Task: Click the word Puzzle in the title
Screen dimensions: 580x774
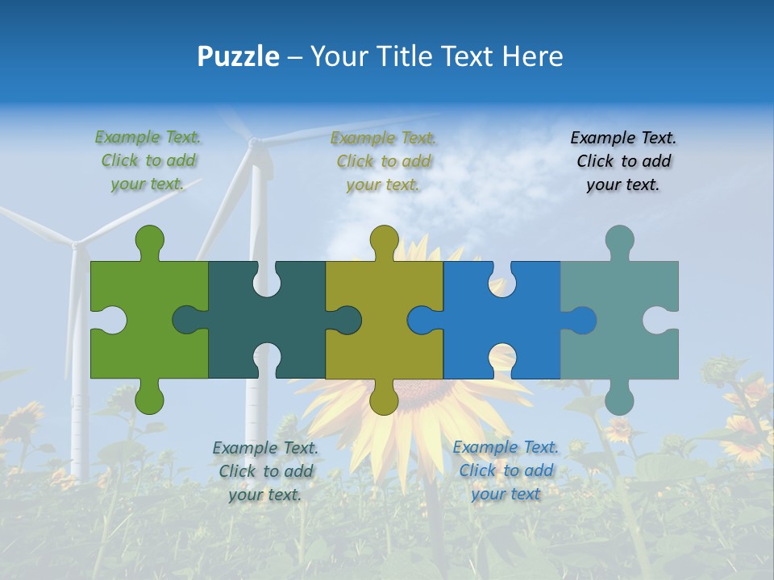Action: click(239, 56)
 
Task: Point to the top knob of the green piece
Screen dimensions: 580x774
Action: click(149, 240)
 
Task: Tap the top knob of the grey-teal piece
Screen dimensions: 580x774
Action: click(619, 240)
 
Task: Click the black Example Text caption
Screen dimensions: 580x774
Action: click(623, 161)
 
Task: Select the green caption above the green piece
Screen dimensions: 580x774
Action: click(148, 161)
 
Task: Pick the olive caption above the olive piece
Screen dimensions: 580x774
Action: click(384, 161)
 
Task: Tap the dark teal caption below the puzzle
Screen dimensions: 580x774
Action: click(265, 471)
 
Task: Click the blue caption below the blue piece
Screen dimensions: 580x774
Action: click(506, 470)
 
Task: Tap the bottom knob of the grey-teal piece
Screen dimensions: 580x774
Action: click(619, 399)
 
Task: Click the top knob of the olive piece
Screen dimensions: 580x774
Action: click(385, 240)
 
